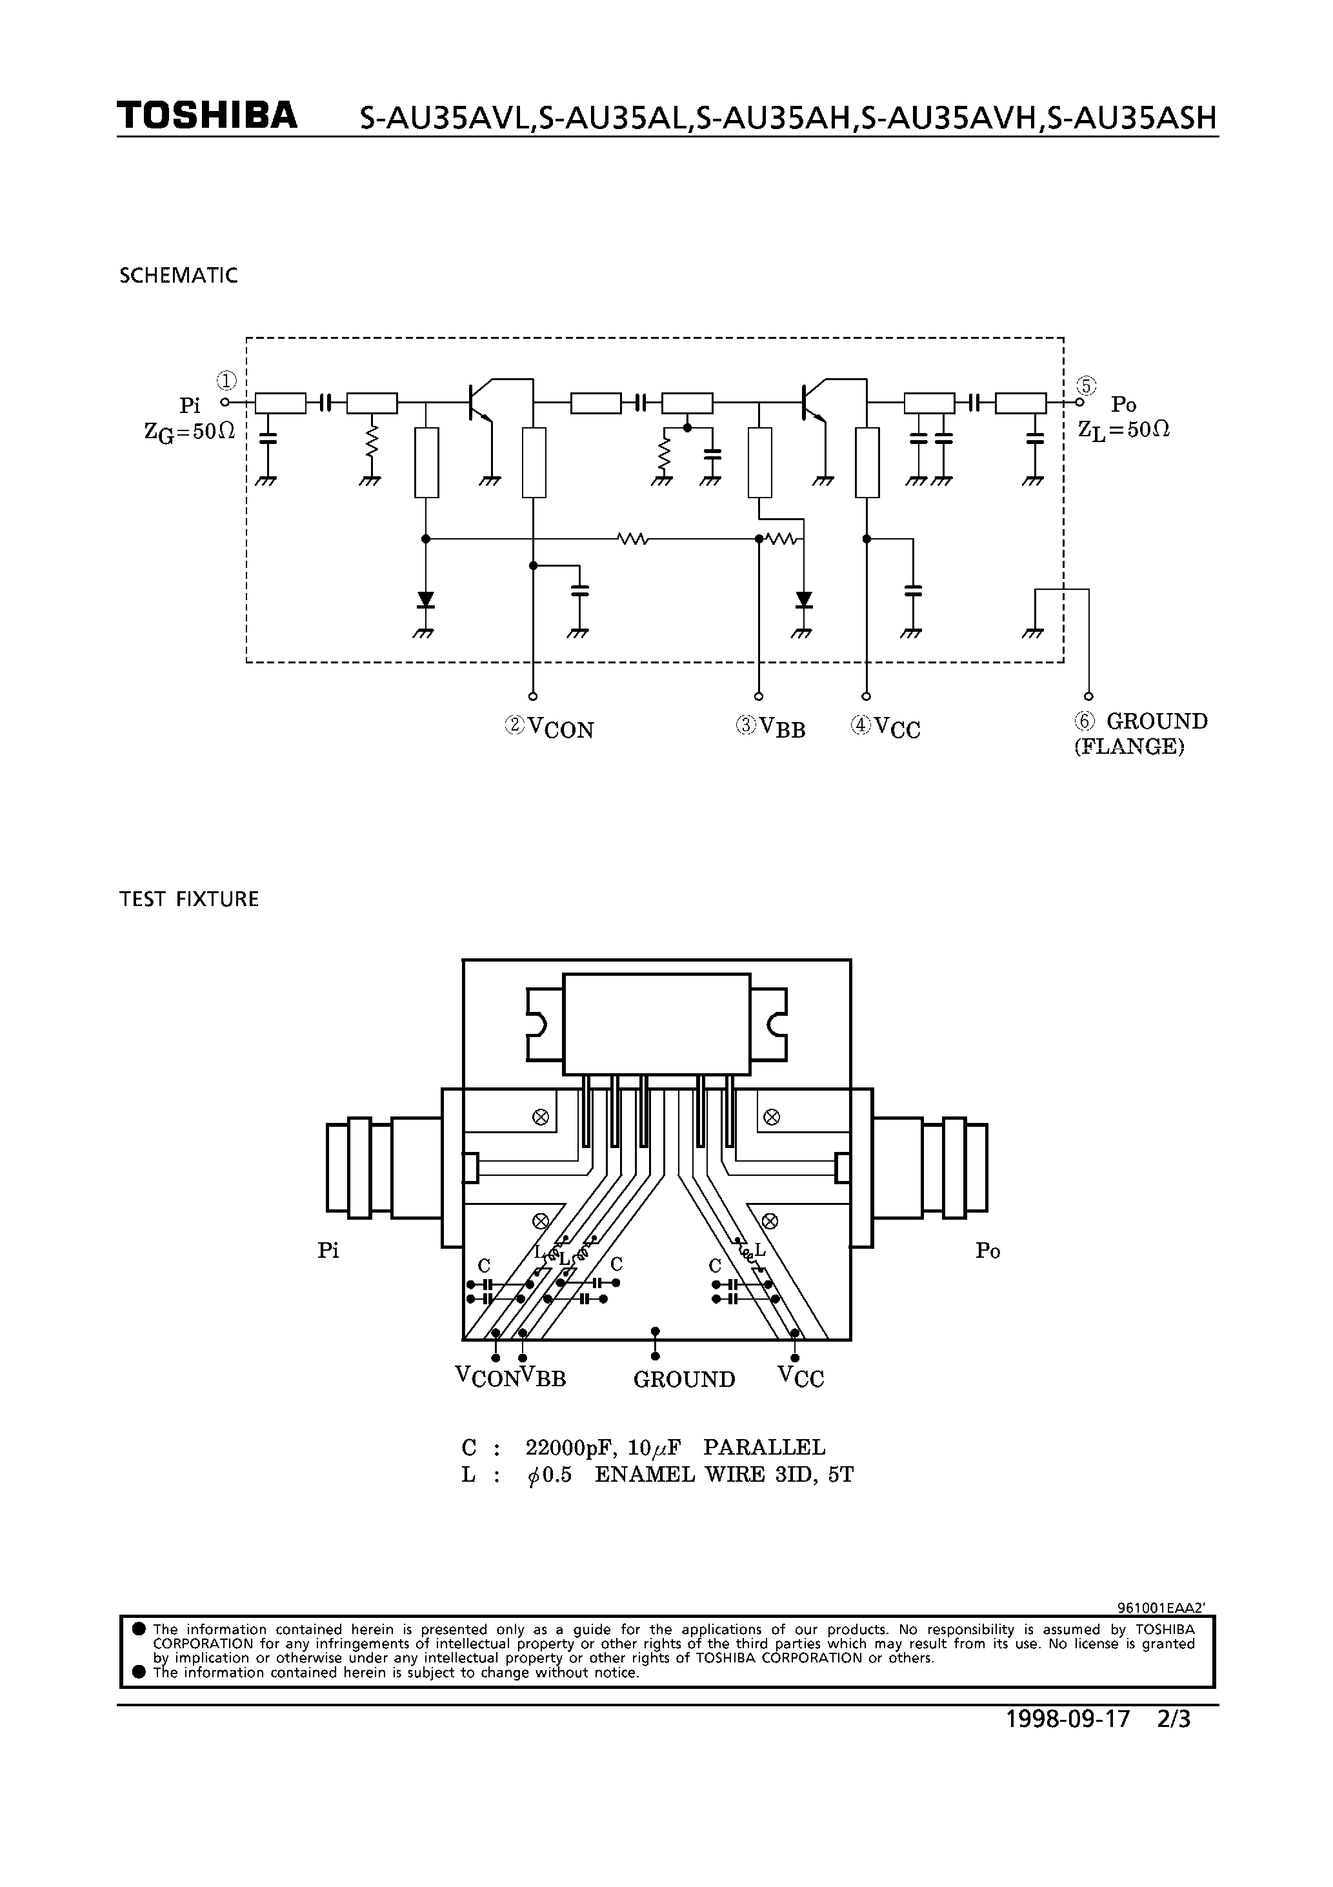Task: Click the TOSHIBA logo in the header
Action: point(206,117)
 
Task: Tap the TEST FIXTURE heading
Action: point(189,899)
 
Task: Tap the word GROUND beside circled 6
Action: point(1156,721)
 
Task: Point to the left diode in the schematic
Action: point(425,600)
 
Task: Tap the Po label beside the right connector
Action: point(987,1250)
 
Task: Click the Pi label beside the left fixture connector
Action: point(328,1250)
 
